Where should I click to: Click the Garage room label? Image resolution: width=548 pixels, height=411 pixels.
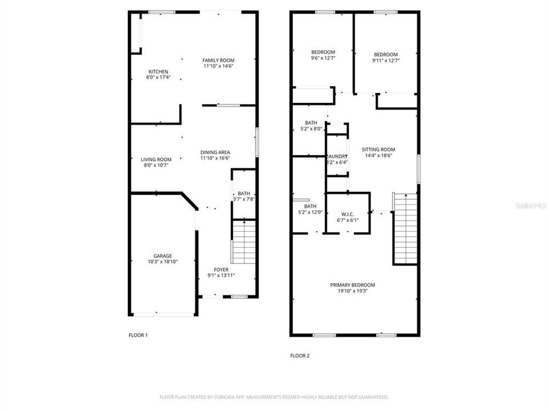click(x=162, y=256)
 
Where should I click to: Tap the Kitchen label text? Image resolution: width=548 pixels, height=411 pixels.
click(x=158, y=71)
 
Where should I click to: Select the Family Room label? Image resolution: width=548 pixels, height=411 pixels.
click(x=219, y=60)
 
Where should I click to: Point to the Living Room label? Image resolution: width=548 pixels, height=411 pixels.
click(x=156, y=159)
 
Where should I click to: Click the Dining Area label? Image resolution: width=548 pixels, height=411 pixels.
click(x=215, y=152)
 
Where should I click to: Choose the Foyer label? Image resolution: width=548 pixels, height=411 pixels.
click(x=221, y=269)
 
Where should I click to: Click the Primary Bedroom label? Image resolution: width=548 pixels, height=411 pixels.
click(x=353, y=284)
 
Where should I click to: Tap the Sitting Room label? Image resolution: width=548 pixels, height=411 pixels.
click(x=378, y=150)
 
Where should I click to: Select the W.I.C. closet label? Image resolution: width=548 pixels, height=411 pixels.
click(x=348, y=215)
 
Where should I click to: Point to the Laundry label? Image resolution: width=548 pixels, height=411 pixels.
click(x=337, y=156)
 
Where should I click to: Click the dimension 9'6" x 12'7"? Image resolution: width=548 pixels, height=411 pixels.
click(x=323, y=58)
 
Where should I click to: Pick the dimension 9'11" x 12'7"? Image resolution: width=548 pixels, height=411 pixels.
click(x=385, y=61)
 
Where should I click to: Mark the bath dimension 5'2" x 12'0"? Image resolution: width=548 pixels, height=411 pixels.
click(x=311, y=212)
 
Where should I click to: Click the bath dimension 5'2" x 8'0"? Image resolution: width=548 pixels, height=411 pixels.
click(x=311, y=128)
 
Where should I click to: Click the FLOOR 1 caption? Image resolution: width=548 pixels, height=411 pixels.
click(x=138, y=335)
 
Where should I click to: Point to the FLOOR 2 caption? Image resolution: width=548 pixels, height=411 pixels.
click(x=300, y=356)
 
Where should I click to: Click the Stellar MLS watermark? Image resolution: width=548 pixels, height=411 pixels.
click(x=531, y=204)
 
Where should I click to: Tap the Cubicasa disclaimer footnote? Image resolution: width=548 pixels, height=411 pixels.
click(x=273, y=397)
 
